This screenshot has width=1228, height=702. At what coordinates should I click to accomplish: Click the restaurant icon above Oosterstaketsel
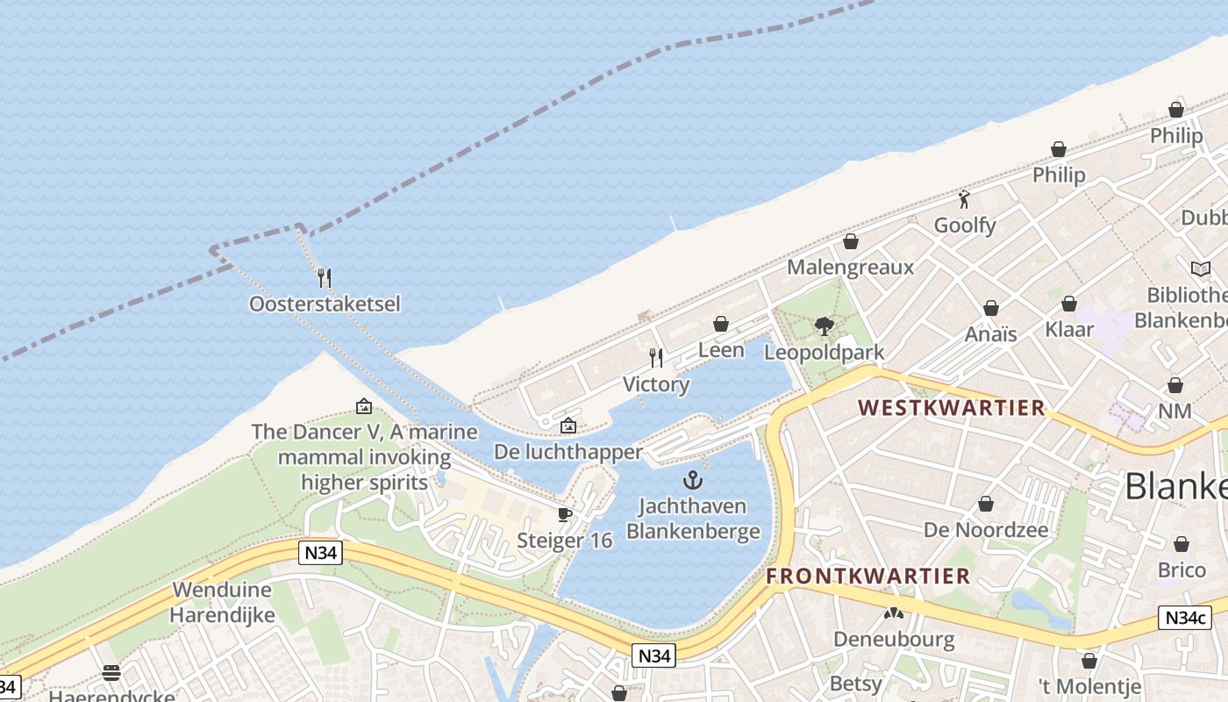(325, 278)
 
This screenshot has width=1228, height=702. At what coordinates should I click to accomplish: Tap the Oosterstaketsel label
(325, 304)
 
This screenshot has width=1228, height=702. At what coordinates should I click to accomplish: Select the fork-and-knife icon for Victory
(656, 358)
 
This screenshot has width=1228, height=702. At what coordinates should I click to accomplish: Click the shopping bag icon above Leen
(721, 324)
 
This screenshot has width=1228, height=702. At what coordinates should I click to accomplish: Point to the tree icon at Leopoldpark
(824, 326)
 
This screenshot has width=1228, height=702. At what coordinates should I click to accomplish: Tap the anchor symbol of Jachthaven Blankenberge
(693, 480)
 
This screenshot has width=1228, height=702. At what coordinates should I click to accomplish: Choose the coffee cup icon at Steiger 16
(565, 514)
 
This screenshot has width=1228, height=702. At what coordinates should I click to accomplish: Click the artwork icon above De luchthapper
(568, 426)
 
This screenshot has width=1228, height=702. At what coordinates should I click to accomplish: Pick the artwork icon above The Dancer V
(364, 406)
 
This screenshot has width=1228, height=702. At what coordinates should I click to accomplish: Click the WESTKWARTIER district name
(952, 408)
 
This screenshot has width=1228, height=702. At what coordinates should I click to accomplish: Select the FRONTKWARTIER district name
(868, 577)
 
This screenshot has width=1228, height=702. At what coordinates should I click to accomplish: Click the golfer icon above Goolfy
(965, 199)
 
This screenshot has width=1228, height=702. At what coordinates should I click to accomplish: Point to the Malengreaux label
(850, 267)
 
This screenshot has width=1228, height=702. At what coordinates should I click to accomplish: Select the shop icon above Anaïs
(991, 308)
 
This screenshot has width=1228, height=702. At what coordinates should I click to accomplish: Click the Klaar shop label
(1069, 329)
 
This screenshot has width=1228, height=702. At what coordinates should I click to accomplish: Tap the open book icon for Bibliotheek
(1200, 269)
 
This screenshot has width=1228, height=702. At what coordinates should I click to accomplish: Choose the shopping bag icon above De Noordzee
(986, 504)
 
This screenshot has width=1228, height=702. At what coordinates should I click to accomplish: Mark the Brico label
(1182, 570)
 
